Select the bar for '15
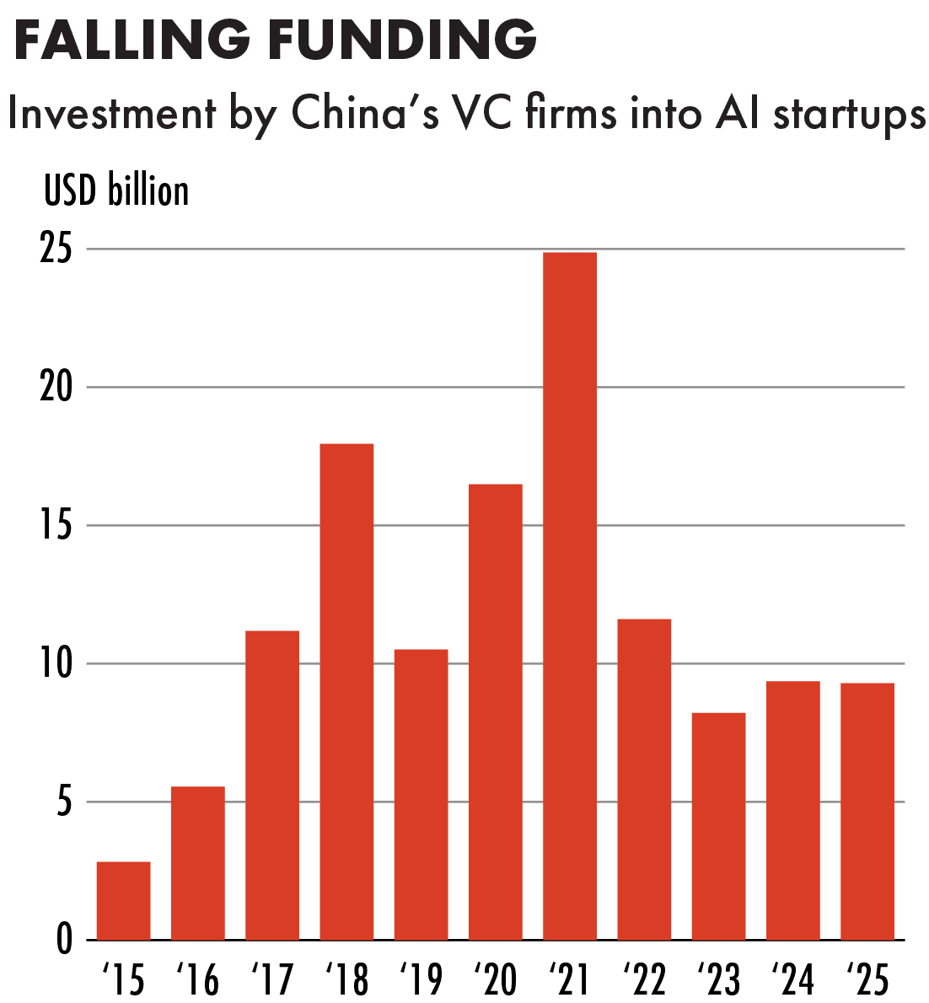(x=124, y=900)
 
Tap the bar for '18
(x=346, y=691)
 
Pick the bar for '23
(x=718, y=826)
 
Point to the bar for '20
(x=496, y=711)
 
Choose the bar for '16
(x=198, y=863)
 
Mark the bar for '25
(x=867, y=811)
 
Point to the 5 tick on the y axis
(x=65, y=803)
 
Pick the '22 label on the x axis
(x=644, y=979)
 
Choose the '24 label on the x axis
(x=793, y=979)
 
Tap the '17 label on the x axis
(x=271, y=979)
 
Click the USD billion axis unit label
(x=116, y=191)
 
